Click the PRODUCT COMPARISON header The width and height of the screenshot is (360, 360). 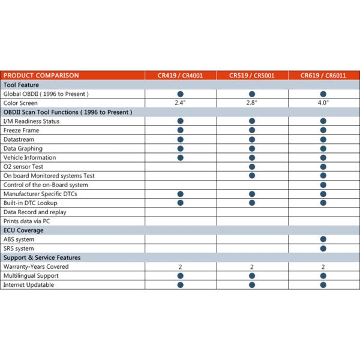(41, 76)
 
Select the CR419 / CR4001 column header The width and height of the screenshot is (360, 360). (180, 76)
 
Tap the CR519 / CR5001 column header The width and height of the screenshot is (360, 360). (252, 76)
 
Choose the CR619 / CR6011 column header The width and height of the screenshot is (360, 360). (323, 76)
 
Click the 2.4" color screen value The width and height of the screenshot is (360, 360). (180, 103)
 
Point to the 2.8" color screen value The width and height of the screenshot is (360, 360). (252, 103)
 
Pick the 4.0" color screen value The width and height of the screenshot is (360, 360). (323, 103)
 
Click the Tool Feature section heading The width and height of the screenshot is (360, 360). (22, 85)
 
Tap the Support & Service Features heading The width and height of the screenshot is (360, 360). (42, 257)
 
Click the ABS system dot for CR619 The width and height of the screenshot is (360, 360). (323, 239)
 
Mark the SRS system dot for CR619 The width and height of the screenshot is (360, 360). (323, 248)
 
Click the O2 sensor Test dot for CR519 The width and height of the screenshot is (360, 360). (252, 167)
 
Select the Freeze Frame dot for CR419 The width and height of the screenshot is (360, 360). (180, 130)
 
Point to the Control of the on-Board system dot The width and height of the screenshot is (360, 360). (323, 185)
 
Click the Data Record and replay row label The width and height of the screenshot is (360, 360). (35, 212)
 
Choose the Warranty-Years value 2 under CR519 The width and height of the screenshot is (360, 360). (252, 266)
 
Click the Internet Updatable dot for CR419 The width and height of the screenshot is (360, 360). (180, 284)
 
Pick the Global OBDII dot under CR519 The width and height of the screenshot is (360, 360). (252, 94)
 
